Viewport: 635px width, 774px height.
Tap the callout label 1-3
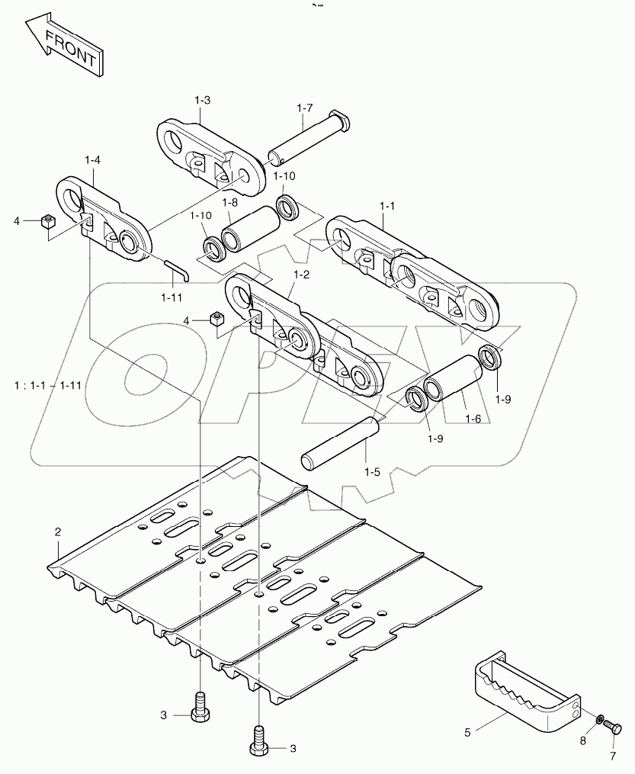pyautogui.click(x=202, y=99)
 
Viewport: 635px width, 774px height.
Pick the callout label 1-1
pyautogui.click(x=388, y=207)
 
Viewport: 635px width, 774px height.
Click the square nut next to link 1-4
pyautogui.click(x=47, y=222)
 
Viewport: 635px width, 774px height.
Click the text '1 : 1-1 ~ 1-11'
pyautogui.click(x=47, y=384)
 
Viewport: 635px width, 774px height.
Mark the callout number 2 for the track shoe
pyautogui.click(x=57, y=532)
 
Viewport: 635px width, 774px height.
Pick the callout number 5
pyautogui.click(x=467, y=732)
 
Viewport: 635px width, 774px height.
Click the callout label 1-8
pyautogui.click(x=230, y=202)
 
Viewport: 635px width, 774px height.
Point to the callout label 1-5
pyautogui.click(x=372, y=472)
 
